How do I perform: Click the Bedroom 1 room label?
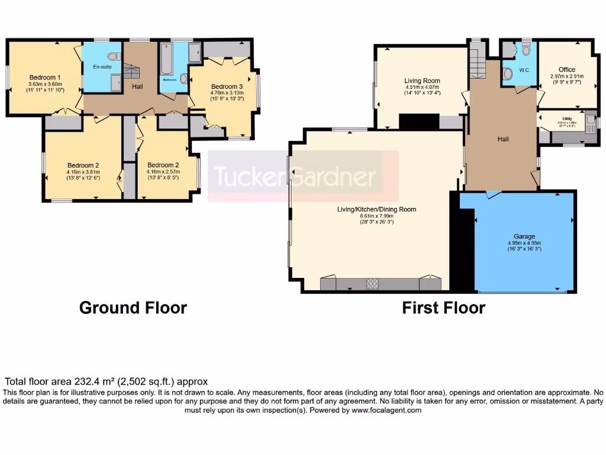46,78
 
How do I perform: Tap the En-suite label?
102,67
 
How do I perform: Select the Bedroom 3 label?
227,86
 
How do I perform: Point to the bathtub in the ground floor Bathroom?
166,60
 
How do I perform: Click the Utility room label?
566,118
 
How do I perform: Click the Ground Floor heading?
133,308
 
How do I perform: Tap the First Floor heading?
443,308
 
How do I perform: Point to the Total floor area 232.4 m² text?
107,382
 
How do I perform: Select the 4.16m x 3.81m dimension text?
82,172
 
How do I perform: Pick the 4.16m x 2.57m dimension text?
163,172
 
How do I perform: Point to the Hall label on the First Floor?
502,139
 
